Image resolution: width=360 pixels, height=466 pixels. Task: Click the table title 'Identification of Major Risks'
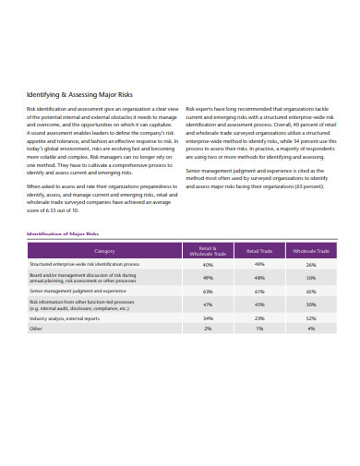point(64,233)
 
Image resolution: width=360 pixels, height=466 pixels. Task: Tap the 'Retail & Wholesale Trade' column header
point(208,250)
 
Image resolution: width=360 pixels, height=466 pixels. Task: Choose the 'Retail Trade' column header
point(259,250)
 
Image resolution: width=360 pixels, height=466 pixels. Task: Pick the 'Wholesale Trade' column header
point(310,250)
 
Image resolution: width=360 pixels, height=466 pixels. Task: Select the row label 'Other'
point(36,328)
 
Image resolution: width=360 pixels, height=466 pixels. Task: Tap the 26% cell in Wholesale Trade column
point(311,264)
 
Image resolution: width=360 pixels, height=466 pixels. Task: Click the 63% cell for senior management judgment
point(208,291)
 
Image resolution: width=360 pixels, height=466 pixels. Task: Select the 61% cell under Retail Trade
point(259,291)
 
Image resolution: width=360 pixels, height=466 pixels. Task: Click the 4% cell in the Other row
point(311,328)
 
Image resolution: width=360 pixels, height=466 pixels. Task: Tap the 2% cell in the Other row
point(208,328)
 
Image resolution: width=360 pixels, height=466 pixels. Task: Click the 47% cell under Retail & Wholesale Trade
point(208,304)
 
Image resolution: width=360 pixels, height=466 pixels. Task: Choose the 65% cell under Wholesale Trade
point(311,291)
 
